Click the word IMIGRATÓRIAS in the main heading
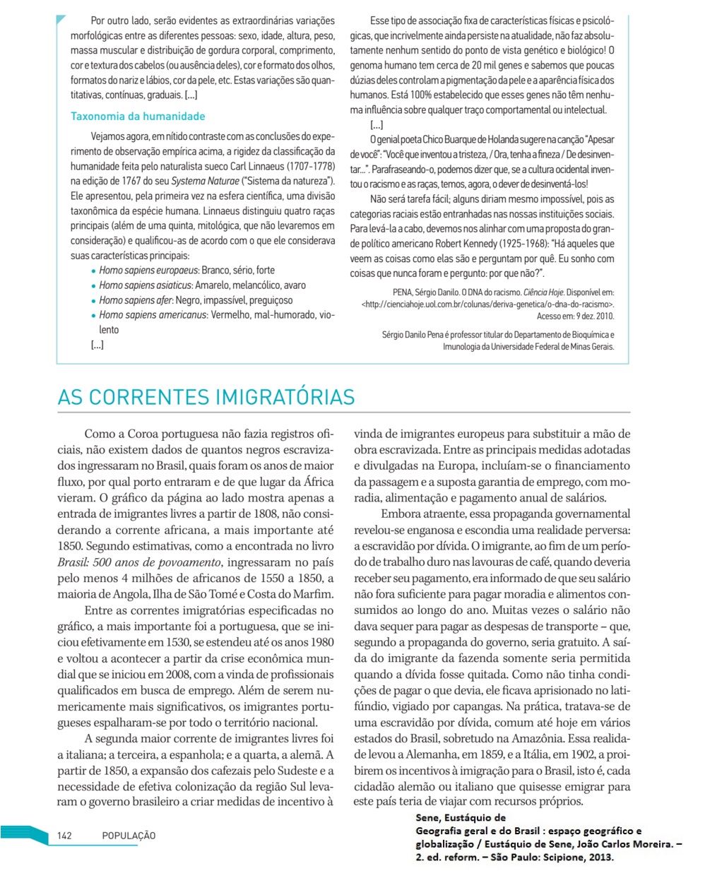285,397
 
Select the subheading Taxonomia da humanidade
138,117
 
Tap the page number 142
64,836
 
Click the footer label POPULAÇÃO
129,836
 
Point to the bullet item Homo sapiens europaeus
148,271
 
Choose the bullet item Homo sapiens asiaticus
146,285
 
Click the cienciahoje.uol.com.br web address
487,304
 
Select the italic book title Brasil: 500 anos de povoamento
139,562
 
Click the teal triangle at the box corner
61,19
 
